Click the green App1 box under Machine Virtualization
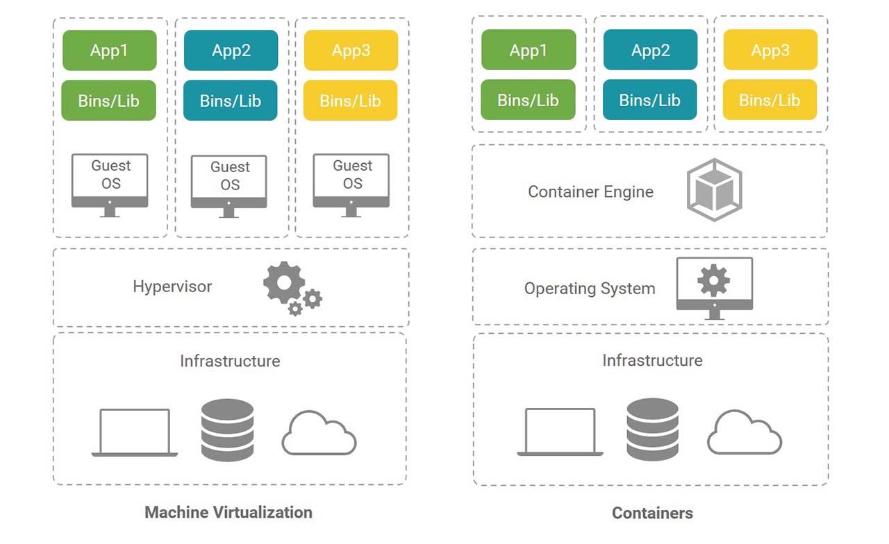(x=109, y=51)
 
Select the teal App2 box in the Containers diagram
(x=650, y=50)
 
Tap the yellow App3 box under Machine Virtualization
(x=351, y=51)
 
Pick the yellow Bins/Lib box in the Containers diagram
(x=770, y=100)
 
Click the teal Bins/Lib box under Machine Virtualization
(x=231, y=101)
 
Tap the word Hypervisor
(x=172, y=287)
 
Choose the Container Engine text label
(x=590, y=192)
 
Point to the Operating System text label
(x=590, y=289)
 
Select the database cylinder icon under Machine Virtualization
(x=227, y=430)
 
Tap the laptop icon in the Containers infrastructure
(x=560, y=432)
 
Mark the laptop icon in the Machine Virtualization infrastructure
(x=135, y=432)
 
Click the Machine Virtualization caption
(x=229, y=513)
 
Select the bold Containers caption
(x=652, y=513)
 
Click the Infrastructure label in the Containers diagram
(x=652, y=361)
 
